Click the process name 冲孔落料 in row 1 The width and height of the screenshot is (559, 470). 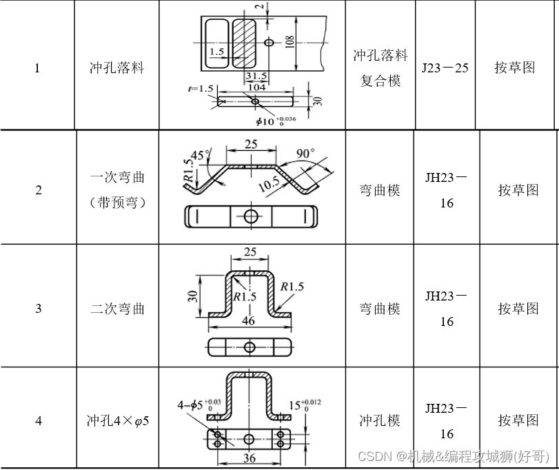pos(116,68)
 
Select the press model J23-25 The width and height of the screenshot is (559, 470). pos(445,68)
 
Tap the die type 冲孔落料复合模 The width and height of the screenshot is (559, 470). pos(380,68)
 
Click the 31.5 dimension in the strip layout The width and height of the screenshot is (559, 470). pos(256,76)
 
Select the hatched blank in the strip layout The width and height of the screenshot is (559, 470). pos(243,43)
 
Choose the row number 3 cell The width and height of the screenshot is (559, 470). pos(38,308)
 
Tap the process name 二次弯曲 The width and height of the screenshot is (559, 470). pos(117,308)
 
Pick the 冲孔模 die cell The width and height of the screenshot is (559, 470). pos(380,420)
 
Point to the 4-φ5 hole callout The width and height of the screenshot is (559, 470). pos(190,405)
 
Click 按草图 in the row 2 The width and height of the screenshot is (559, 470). pos(518,190)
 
